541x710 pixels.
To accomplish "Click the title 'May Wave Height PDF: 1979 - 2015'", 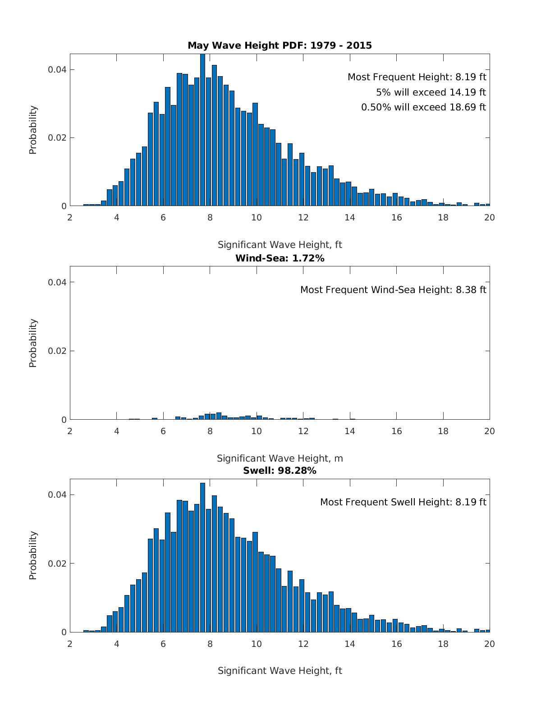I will click(x=280, y=46).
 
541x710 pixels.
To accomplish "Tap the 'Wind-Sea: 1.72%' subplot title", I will click(x=280, y=258).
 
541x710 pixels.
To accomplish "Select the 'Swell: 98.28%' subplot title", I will click(x=280, y=471).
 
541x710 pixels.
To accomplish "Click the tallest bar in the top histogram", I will click(x=202, y=131).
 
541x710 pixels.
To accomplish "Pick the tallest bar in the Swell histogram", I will click(x=202, y=559).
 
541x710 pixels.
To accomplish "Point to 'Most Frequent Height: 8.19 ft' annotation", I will click(x=417, y=77).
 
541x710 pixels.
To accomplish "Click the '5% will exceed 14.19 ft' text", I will click(x=431, y=92).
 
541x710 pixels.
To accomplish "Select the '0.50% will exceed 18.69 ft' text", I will click(x=423, y=107).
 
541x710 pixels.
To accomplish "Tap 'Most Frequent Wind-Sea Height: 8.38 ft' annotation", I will click(x=393, y=290).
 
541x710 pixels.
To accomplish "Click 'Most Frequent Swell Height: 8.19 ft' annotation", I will click(x=403, y=502).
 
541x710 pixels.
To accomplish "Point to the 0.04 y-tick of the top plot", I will click(x=57, y=69).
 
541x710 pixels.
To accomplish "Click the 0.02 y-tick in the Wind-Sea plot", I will click(x=57, y=351).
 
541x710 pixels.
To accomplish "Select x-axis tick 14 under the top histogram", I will click(x=350, y=217).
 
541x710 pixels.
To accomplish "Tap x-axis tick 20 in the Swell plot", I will click(x=490, y=644).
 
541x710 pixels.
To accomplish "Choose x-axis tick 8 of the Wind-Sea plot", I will click(x=210, y=431).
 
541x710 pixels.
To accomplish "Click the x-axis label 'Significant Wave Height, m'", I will click(x=280, y=458).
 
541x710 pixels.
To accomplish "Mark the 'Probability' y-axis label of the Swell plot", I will click(x=33, y=555).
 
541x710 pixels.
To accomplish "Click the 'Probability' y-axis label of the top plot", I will click(x=33, y=130).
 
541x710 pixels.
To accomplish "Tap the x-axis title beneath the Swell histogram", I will click(x=280, y=671).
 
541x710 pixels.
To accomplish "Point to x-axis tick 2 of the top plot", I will click(x=70, y=217).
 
